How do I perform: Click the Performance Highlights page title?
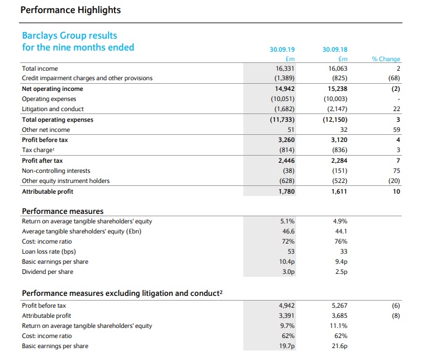tap(71, 10)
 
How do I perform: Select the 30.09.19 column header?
tap(282, 50)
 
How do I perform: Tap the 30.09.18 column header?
tap(334, 50)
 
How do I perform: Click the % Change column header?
tap(386, 59)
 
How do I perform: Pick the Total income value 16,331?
tap(285, 68)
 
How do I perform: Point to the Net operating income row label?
tap(52, 89)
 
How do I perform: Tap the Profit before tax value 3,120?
tap(337, 140)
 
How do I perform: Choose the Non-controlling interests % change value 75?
tap(396, 170)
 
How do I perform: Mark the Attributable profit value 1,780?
tap(285, 191)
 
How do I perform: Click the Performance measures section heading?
tap(62, 211)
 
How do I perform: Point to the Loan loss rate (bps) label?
tap(48, 251)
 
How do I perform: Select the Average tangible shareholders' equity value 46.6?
tap(288, 231)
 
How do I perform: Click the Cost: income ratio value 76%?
tap(339, 241)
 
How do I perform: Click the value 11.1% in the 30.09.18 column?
tap(338, 325)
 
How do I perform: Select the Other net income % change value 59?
tap(396, 130)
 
